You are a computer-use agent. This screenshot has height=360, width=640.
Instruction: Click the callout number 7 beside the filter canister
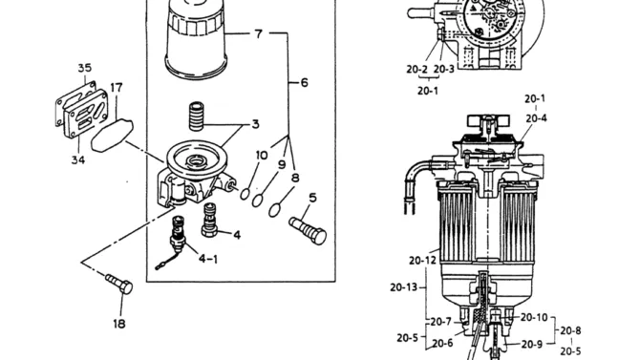258,33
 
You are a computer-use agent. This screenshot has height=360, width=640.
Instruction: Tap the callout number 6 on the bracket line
305,83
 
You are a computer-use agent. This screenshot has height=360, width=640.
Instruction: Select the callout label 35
85,68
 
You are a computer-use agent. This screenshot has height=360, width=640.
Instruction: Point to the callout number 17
117,88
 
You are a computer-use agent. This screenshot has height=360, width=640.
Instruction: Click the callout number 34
78,159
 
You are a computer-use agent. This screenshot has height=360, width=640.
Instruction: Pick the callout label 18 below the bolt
119,324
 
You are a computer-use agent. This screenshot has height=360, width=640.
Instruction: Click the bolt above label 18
119,284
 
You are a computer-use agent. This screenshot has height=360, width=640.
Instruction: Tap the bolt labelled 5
308,231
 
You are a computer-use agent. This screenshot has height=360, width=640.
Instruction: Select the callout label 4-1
208,259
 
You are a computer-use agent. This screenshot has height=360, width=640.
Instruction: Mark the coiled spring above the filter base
197,116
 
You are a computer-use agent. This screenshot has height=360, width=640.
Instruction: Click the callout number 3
255,124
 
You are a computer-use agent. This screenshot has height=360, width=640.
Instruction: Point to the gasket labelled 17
112,135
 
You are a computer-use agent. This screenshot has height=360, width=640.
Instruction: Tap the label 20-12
422,260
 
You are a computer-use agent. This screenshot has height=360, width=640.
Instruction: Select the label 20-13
404,287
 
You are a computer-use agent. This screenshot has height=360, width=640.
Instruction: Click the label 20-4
536,118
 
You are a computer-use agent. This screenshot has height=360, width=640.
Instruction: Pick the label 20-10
534,317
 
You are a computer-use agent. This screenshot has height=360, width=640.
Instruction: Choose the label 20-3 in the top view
444,70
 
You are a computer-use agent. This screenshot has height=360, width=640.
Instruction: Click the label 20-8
570,330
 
